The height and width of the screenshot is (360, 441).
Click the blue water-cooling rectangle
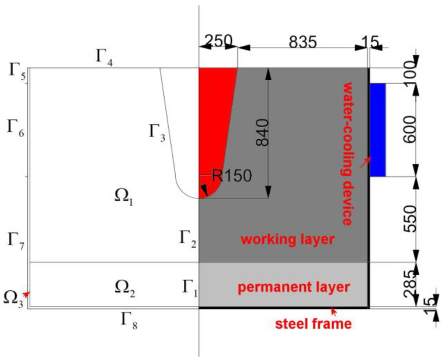point(378,129)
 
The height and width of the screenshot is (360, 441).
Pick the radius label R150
point(232,176)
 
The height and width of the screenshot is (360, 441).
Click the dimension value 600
point(409,129)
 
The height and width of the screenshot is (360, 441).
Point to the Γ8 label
point(128,319)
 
